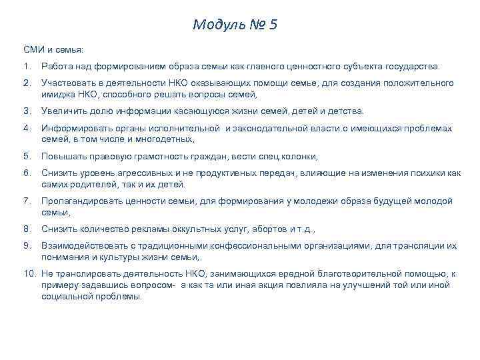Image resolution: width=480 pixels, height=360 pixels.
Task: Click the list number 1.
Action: (x=26, y=67)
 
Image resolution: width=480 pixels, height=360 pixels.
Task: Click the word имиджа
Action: (x=57, y=94)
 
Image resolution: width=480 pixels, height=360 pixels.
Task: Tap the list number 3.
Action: (x=26, y=111)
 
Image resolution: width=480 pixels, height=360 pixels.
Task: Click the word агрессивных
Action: (x=149, y=173)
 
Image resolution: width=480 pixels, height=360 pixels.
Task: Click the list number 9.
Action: (x=26, y=245)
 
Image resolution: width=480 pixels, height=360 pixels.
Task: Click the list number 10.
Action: (x=29, y=273)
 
